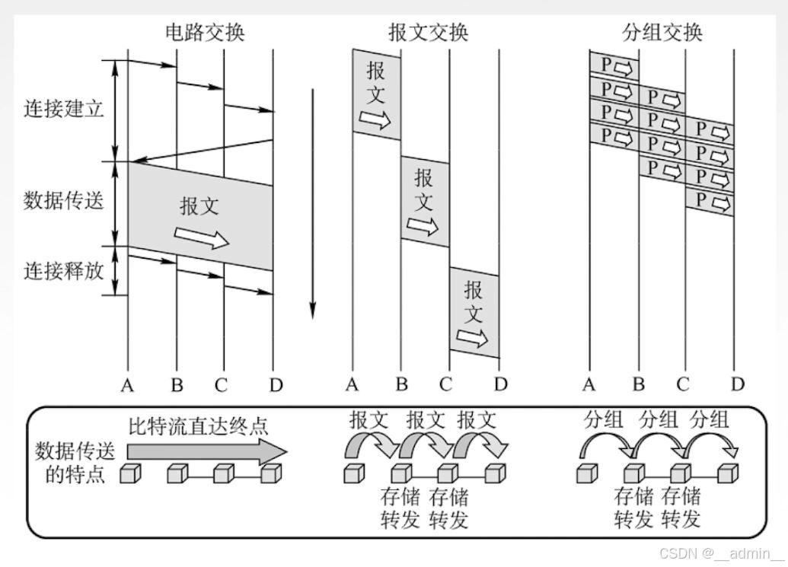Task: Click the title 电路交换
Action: (x=205, y=32)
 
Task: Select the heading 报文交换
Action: (x=429, y=32)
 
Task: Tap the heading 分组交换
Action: (x=662, y=32)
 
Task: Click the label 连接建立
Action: (x=63, y=109)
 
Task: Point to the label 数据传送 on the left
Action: (x=63, y=202)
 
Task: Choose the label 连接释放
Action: (x=63, y=270)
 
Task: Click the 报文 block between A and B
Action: (x=376, y=94)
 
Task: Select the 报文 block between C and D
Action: (x=474, y=312)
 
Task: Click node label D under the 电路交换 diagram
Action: (x=276, y=385)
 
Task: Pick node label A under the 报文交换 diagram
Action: (x=352, y=385)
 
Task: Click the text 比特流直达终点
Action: (x=198, y=425)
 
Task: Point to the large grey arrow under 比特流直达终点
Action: (x=206, y=452)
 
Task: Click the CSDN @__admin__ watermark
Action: (x=721, y=553)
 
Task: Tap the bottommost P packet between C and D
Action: (x=710, y=202)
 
